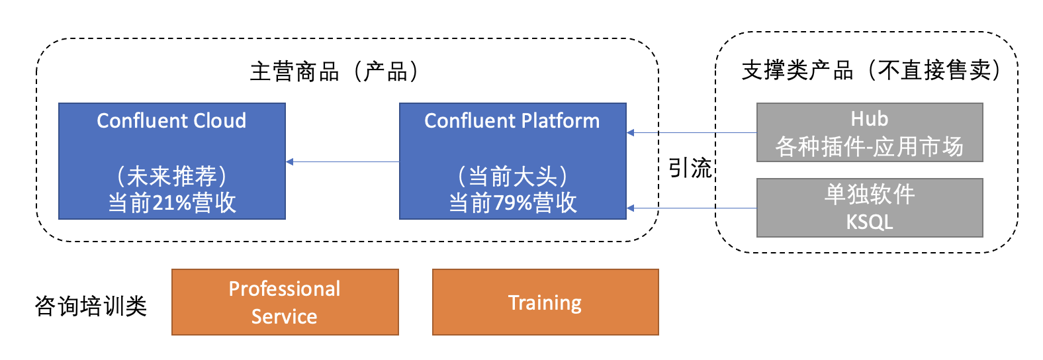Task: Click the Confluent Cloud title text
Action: (x=171, y=120)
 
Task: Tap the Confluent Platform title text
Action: (x=512, y=120)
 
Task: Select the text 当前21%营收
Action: (x=172, y=202)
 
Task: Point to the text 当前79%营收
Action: (x=513, y=202)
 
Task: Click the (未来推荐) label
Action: (x=172, y=176)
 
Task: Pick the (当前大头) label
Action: (x=513, y=176)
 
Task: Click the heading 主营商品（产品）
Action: (x=334, y=71)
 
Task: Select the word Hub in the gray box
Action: (x=869, y=118)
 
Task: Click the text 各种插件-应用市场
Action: (x=869, y=146)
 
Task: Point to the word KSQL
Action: (x=869, y=222)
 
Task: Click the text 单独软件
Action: (x=869, y=194)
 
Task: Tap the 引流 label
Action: (x=690, y=168)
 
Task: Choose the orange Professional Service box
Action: (x=285, y=302)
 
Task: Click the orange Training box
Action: (x=545, y=302)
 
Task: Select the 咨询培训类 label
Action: (x=91, y=306)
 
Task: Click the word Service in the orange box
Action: (x=284, y=316)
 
